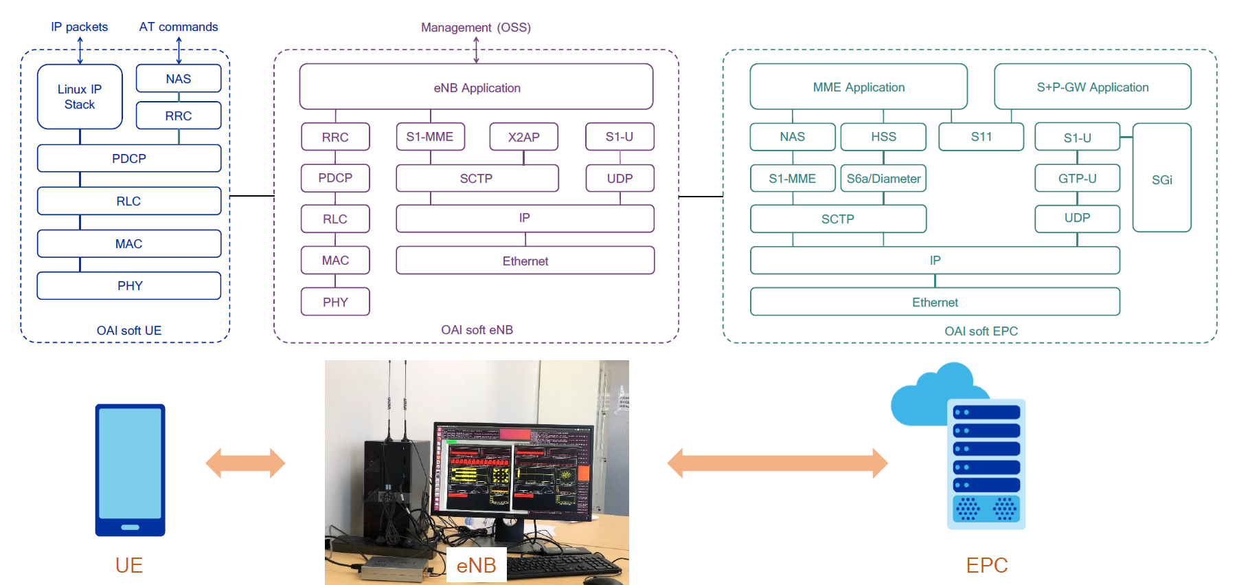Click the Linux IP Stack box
click(x=80, y=97)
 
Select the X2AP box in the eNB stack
click(x=523, y=137)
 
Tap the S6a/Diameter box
click(x=883, y=179)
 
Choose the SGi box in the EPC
click(x=1161, y=179)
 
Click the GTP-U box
click(x=1077, y=179)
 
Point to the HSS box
click(x=883, y=137)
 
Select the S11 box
click(x=981, y=137)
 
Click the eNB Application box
click(x=476, y=87)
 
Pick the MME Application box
click(x=859, y=87)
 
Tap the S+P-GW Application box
click(x=1092, y=87)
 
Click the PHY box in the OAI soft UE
click(x=129, y=286)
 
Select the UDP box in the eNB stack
click(x=620, y=179)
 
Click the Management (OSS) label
click(x=476, y=27)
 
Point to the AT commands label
click(x=179, y=27)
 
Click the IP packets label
click(x=79, y=27)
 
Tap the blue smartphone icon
click(x=130, y=470)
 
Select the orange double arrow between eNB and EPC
click(x=777, y=463)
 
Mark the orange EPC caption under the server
click(x=986, y=565)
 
